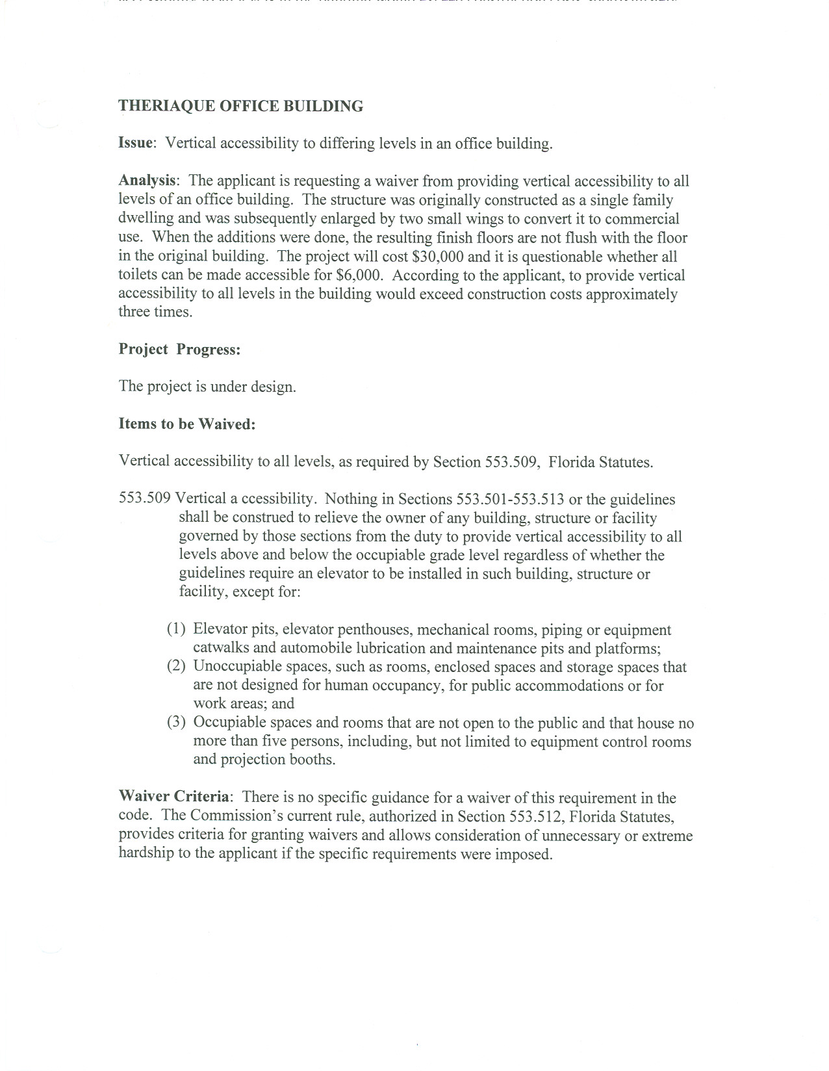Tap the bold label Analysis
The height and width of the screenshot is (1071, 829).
tap(147, 181)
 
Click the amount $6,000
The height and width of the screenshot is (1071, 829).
tap(357, 275)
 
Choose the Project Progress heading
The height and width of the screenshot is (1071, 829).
tap(179, 350)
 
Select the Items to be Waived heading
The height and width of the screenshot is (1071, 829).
tap(187, 424)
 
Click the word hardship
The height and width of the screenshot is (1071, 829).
tap(146, 853)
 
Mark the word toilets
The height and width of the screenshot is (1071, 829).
tap(138, 275)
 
